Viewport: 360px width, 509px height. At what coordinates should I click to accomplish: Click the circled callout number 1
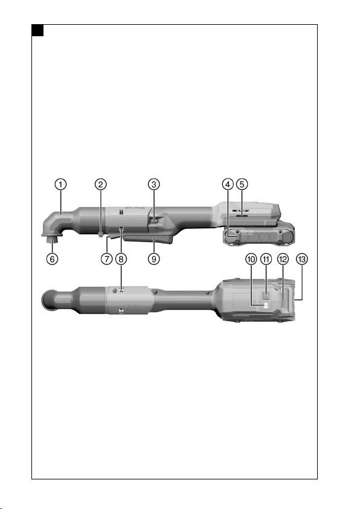pyautogui.click(x=60, y=184)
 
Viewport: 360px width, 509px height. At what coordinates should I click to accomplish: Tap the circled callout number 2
pyautogui.click(x=101, y=184)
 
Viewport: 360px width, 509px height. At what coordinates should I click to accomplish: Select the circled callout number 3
pyautogui.click(x=154, y=184)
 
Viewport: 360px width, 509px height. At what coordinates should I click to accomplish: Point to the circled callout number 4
pyautogui.click(x=228, y=184)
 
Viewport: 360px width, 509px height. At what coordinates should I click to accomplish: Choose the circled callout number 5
pyautogui.click(x=242, y=184)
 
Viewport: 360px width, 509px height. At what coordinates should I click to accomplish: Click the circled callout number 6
pyautogui.click(x=53, y=259)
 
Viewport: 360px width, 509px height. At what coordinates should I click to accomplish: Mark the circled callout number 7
pyautogui.click(x=107, y=259)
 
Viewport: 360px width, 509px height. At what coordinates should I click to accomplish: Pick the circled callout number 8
pyautogui.click(x=121, y=259)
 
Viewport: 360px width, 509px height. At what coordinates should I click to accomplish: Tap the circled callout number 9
pyautogui.click(x=154, y=259)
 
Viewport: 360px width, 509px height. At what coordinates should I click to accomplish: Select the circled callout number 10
pyautogui.click(x=251, y=259)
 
